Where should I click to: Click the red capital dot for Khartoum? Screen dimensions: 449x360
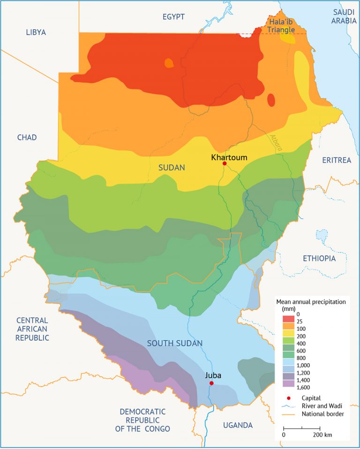click(x=225, y=164)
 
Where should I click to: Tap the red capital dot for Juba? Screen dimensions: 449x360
click(x=211, y=383)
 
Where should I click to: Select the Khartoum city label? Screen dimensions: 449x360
click(x=229, y=157)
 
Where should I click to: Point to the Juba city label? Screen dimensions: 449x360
click(x=213, y=375)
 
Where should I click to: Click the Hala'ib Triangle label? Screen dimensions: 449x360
click(x=280, y=25)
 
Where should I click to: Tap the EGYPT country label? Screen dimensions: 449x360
click(x=173, y=17)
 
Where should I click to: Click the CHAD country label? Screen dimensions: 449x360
click(x=27, y=137)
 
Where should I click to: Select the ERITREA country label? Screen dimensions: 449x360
click(x=336, y=160)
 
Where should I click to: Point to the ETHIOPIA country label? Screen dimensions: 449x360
click(x=319, y=258)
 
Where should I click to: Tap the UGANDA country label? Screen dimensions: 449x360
click(x=238, y=425)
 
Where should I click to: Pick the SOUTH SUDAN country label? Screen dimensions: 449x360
click(x=175, y=344)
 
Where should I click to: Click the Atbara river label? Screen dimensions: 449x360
click(x=276, y=142)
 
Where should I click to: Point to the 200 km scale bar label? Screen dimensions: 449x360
click(x=322, y=435)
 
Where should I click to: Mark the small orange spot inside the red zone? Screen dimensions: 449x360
click(x=169, y=63)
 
